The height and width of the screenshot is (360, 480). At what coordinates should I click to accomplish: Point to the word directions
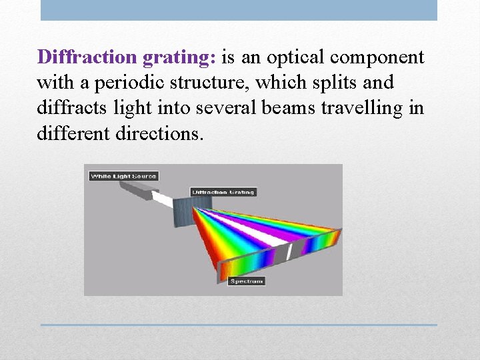(160, 133)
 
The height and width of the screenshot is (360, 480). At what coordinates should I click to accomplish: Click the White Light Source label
(123, 176)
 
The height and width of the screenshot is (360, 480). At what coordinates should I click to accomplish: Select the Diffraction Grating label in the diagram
(223, 192)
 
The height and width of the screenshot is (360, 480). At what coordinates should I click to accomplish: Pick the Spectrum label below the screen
(247, 281)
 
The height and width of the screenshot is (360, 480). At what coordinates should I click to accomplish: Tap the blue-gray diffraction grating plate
(183, 211)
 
